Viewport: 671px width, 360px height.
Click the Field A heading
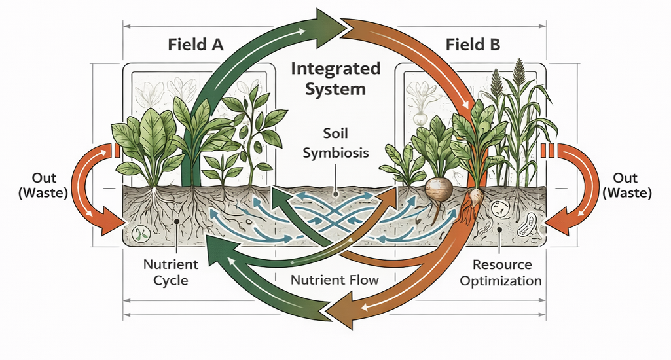click(196, 45)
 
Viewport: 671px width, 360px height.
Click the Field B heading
click(473, 45)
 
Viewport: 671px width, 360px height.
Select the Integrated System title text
click(335, 78)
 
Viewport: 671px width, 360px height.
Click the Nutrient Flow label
click(335, 280)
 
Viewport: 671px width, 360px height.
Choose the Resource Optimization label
click(500, 273)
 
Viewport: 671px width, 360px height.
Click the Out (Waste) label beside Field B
click(625, 185)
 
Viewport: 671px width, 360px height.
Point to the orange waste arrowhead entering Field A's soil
click(112, 225)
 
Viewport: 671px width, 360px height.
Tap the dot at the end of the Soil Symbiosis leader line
click(336, 194)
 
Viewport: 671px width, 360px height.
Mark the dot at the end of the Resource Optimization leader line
click(499, 230)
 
